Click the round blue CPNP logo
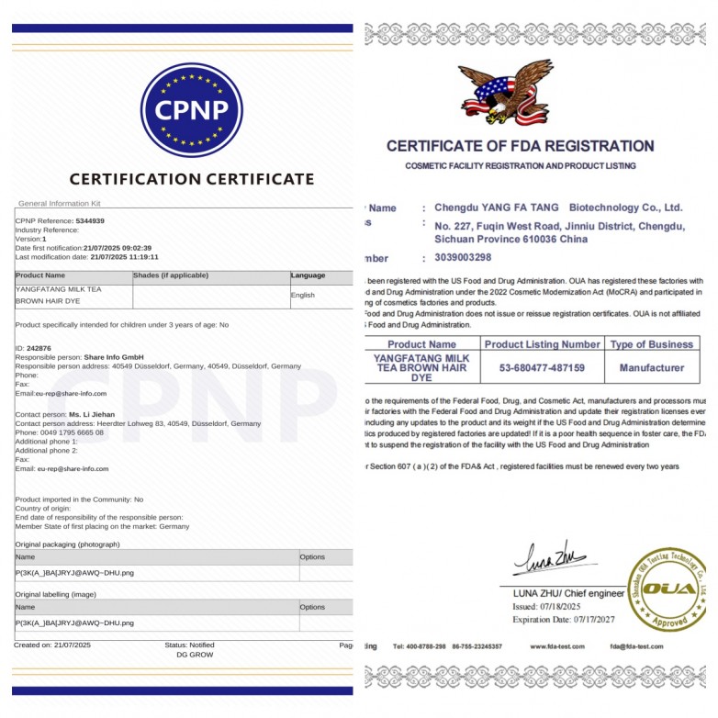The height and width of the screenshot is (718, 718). coord(191,110)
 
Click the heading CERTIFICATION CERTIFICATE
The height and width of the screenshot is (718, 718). coord(192,179)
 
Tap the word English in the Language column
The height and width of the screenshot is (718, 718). coord(303,296)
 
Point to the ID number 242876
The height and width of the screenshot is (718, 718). coord(39,349)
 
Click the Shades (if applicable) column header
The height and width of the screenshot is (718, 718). coord(171,275)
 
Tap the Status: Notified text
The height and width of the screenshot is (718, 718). coord(189,645)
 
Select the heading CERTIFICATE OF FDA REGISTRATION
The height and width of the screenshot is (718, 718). coord(520,146)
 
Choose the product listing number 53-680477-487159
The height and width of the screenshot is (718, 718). coord(542,367)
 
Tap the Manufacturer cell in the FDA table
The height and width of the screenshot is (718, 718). coord(652,367)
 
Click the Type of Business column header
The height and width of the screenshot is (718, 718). coord(652,344)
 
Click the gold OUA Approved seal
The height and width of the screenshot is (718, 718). coord(668,590)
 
